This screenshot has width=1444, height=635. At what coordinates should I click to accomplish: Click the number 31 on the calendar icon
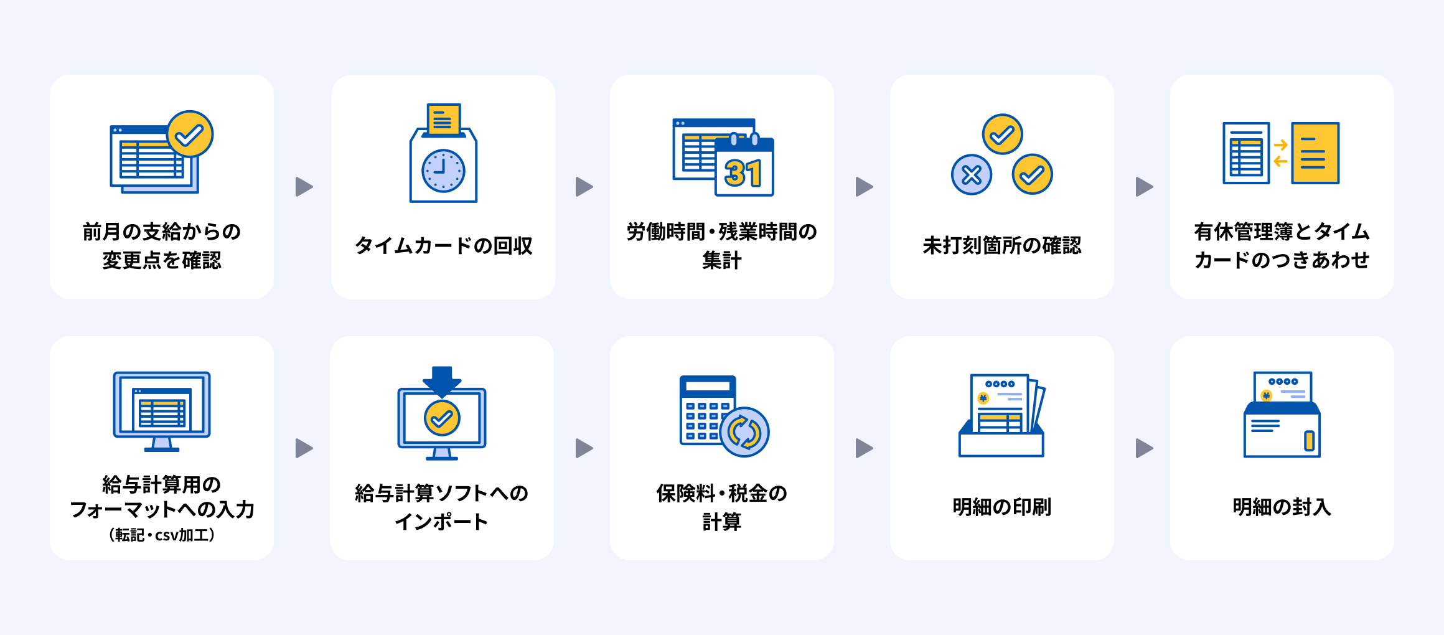[x=743, y=174]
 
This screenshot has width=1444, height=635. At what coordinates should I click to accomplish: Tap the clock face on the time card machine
[x=443, y=171]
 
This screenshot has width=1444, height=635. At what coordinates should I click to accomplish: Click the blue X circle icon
[x=972, y=175]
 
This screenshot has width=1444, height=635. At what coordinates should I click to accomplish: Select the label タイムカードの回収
[x=443, y=246]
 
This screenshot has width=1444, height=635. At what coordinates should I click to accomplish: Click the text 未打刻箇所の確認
[x=1002, y=246]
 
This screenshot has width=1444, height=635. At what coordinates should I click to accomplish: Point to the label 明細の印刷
[x=1002, y=507]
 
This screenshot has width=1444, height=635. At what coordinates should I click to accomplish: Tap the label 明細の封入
[x=1282, y=507]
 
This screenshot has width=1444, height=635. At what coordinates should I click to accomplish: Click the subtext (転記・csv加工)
[x=162, y=535]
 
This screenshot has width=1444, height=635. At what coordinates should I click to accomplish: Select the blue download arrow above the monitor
[x=442, y=382]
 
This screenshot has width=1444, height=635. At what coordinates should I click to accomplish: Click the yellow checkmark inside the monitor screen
[x=442, y=418]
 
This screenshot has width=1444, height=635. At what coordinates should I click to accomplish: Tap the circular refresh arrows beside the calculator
[x=744, y=432]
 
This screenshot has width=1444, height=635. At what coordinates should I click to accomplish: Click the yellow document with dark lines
[x=1315, y=153]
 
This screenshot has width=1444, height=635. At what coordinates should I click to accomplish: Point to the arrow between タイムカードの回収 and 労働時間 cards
[x=584, y=187]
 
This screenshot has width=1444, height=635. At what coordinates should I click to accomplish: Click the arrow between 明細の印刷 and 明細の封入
[x=1144, y=448]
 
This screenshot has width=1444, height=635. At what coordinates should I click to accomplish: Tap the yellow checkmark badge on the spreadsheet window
[x=190, y=134]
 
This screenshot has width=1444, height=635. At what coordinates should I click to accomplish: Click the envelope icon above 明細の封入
[x=1282, y=415]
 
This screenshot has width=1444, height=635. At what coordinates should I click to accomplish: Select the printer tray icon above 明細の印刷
[x=1002, y=415]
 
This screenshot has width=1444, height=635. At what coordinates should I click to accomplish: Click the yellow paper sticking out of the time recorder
[x=443, y=119]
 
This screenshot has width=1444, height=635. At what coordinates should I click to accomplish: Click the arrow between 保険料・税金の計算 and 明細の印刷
[x=864, y=448]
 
